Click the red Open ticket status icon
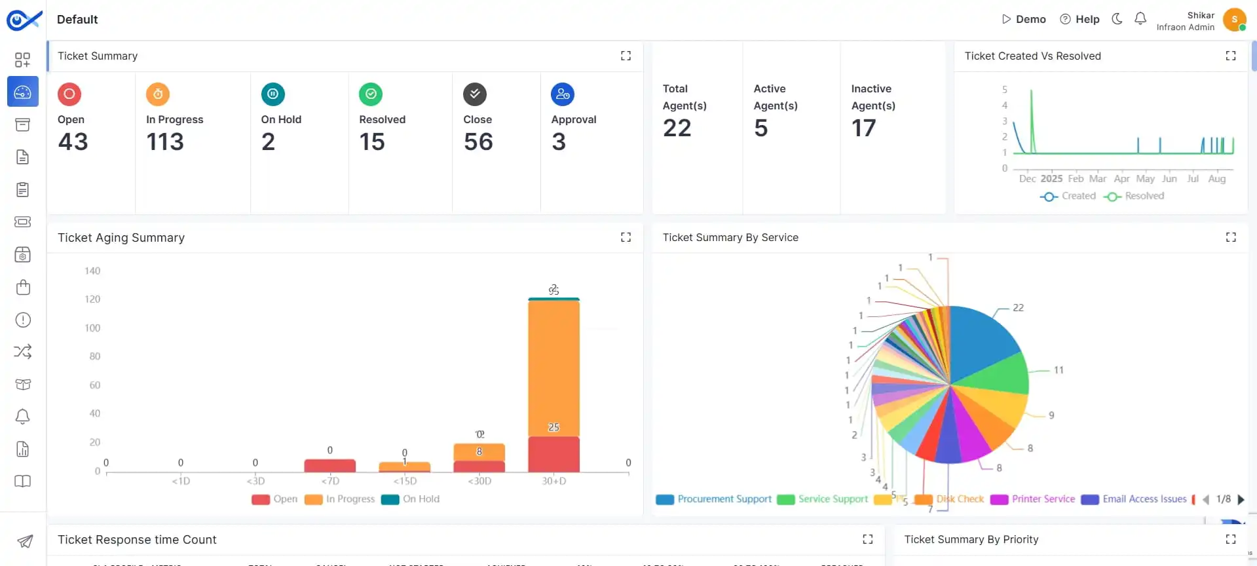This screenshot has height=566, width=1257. (x=69, y=94)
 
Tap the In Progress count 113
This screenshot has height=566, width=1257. (x=165, y=142)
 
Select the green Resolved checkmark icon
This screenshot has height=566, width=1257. (x=371, y=94)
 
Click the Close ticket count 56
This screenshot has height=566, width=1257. (x=478, y=142)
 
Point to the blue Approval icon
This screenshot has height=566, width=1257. (x=563, y=94)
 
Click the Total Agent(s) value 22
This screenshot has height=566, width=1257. (x=677, y=128)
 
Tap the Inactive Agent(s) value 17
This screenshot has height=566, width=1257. (x=863, y=128)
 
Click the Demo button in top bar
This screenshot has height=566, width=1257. (x=1024, y=20)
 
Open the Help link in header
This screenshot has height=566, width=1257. (x=1079, y=20)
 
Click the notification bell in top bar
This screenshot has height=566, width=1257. (x=1140, y=19)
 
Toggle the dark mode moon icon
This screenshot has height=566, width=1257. (x=1117, y=19)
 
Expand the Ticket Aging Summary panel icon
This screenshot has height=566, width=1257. (x=626, y=237)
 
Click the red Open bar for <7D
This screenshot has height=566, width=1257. (x=329, y=465)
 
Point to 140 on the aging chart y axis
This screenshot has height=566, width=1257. (x=92, y=271)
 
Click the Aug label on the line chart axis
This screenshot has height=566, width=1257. (x=1216, y=179)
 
